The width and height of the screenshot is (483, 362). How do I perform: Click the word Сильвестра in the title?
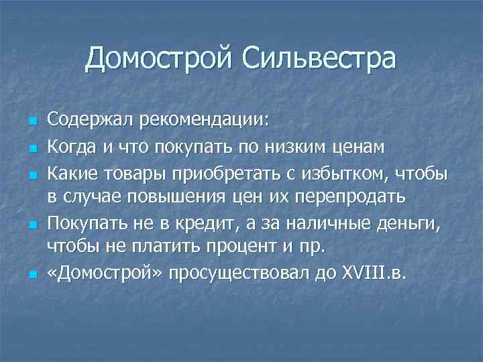[x=320, y=60]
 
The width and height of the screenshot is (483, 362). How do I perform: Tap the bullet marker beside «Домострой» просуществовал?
[x=32, y=276]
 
